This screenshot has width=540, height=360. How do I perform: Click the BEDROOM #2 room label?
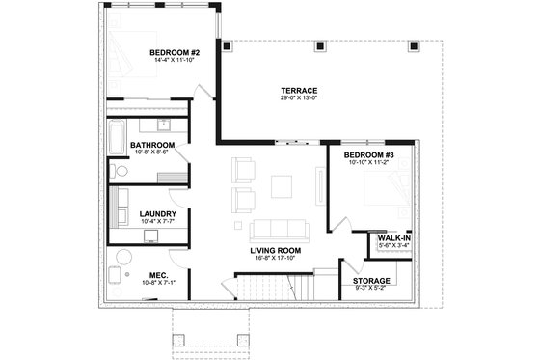coord(175,51)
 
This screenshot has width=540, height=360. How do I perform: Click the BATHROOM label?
coord(152,145)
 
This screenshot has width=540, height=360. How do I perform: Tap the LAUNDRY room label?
coord(155,214)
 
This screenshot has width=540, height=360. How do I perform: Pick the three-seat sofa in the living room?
coord(277,231)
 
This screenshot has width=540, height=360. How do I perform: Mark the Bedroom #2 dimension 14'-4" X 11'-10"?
coord(175,60)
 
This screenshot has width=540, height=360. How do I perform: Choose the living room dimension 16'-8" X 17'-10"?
coord(276,258)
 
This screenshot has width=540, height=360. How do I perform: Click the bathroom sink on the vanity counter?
coord(164,124)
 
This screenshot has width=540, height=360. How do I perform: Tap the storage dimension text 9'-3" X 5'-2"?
coord(371,289)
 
